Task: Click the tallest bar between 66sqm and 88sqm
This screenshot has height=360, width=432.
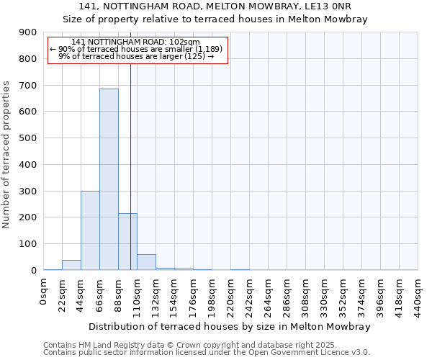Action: pyautogui.click(x=109, y=179)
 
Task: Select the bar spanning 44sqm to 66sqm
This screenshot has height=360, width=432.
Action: pyautogui.click(x=90, y=230)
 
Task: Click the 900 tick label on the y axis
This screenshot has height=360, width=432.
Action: pyautogui.click(x=28, y=32)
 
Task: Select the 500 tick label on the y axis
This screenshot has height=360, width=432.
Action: pyautogui.click(x=28, y=138)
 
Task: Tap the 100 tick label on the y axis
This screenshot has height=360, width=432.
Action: pyautogui.click(x=28, y=244)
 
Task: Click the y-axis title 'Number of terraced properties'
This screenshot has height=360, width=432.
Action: pyautogui.click(x=6, y=155)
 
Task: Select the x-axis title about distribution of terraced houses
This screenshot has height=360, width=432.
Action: pyautogui.click(x=230, y=327)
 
